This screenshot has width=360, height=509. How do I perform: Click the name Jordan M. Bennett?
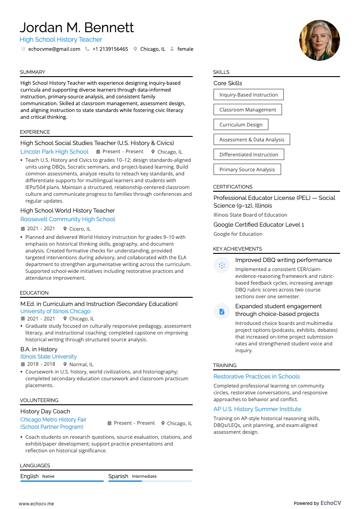pyautogui.click(x=77, y=28)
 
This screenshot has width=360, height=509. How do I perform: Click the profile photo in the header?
pyautogui.click(x=319, y=40)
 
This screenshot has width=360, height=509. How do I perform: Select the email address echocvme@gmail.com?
pyautogui.click(x=54, y=49)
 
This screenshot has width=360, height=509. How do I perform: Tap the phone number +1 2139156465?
pyautogui.click(x=110, y=49)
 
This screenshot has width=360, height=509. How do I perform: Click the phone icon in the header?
pyautogui.click(x=87, y=49)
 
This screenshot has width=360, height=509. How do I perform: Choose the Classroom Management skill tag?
pyautogui.click(x=248, y=110)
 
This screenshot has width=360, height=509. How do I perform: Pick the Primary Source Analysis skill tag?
pyautogui.click(x=247, y=170)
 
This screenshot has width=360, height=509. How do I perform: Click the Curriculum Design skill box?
pyautogui.click(x=241, y=125)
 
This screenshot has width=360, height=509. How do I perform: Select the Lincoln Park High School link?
pyautogui.click(x=54, y=152)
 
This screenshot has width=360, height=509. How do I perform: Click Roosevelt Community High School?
pyautogui.click(x=68, y=219)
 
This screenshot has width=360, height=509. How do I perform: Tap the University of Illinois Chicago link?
pyautogui.click(x=55, y=311)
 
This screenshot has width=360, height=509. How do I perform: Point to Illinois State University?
pyautogui.click(x=49, y=357)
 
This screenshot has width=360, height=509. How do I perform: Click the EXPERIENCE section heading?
pyautogui.click(x=35, y=132)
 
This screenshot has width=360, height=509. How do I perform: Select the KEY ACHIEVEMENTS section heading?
pyautogui.click(x=238, y=249)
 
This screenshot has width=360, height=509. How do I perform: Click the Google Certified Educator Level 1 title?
pyautogui.click(x=258, y=225)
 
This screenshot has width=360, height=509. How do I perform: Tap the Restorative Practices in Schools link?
pyautogui.click(x=257, y=376)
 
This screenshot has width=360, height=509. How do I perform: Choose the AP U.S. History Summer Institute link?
pyautogui.click(x=258, y=409)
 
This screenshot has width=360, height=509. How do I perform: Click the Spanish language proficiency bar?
pyautogui.click(x=150, y=481)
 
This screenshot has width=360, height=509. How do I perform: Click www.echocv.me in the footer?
pyautogui.click(x=36, y=504)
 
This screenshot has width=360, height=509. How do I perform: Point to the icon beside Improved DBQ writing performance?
pyautogui.click(x=222, y=265)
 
